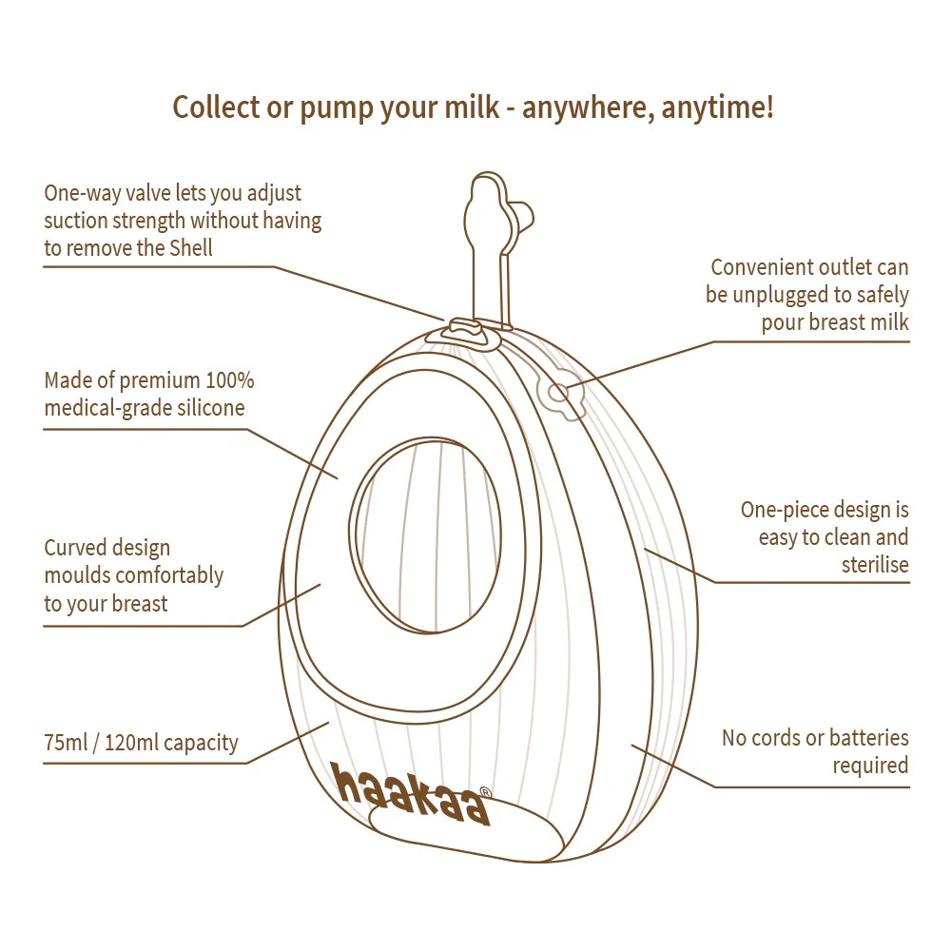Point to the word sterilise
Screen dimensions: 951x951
tap(875, 565)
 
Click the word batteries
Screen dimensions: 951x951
tap(869, 737)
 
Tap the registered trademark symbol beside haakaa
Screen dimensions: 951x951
tap(485, 790)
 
